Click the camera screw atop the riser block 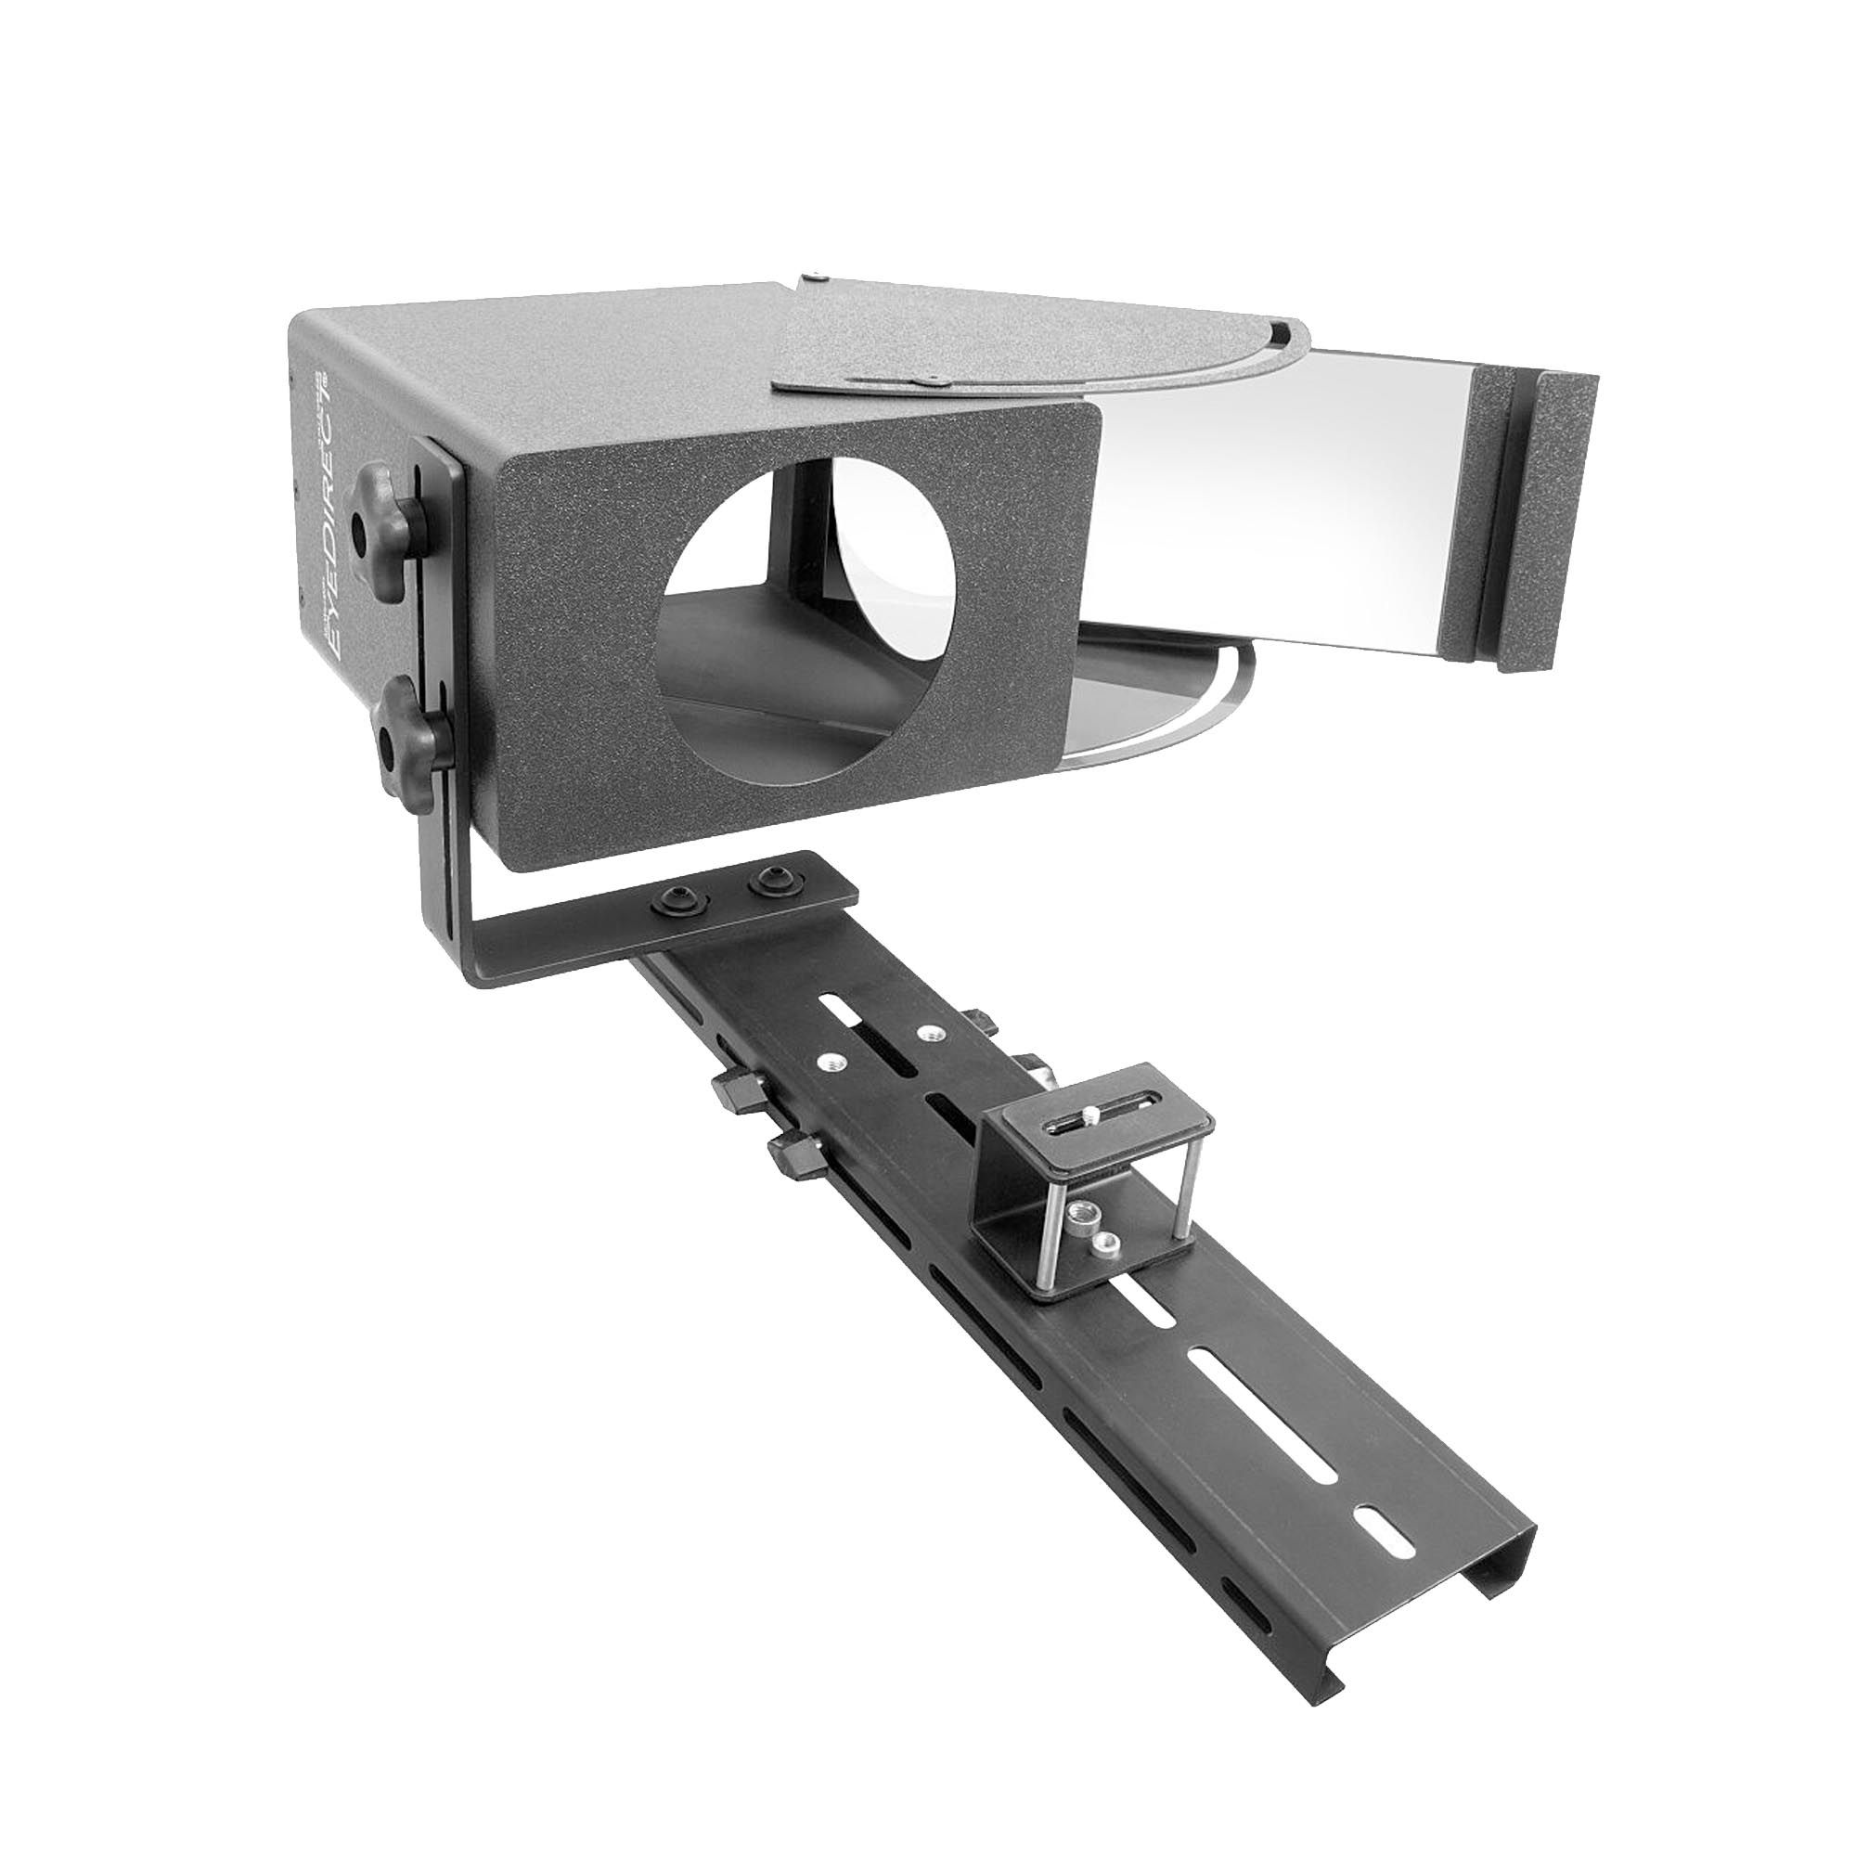coord(1091,1114)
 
